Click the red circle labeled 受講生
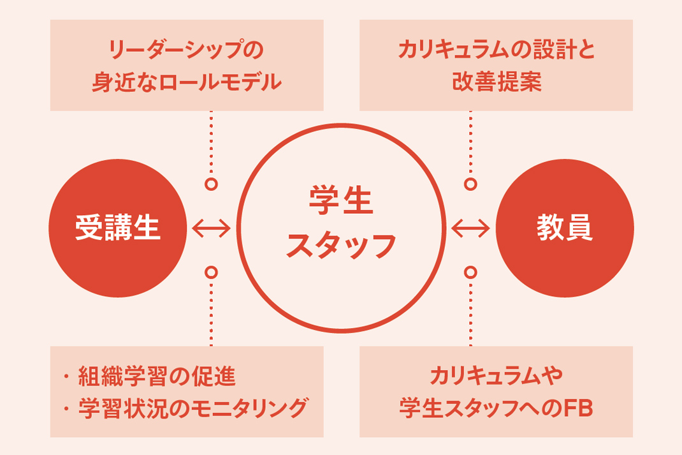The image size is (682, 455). tap(118, 228)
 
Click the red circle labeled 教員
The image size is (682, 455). tap(565, 228)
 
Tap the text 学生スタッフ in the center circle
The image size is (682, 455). tap(340, 228)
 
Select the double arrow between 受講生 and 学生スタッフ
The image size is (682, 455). tap(211, 228)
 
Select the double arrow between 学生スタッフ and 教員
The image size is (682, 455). tap(470, 228)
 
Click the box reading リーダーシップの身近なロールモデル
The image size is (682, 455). tap(187, 65)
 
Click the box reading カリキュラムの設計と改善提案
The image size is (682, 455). tap(496, 65)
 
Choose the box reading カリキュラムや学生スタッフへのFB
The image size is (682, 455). tap(496, 392)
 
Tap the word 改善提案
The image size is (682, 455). tap(496, 81)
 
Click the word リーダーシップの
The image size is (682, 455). tap(187, 50)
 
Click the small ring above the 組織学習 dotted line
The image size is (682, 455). tap(211, 272)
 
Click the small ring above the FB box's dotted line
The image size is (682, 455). tap(470, 272)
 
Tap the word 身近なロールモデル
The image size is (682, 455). tap(187, 81)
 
